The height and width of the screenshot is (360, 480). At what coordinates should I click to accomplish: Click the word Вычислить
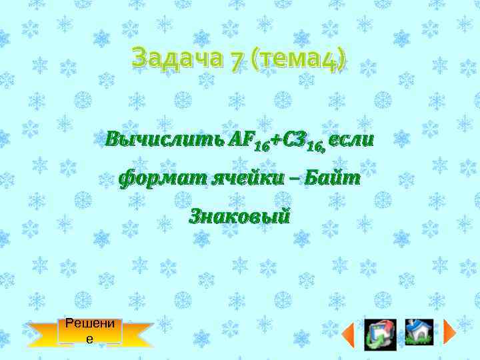163,141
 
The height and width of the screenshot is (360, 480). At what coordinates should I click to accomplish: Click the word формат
161,178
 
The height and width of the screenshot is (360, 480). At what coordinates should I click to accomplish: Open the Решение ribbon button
91,331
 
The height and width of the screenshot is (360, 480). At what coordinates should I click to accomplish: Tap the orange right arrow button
449,332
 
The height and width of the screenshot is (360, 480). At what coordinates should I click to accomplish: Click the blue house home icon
419,332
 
